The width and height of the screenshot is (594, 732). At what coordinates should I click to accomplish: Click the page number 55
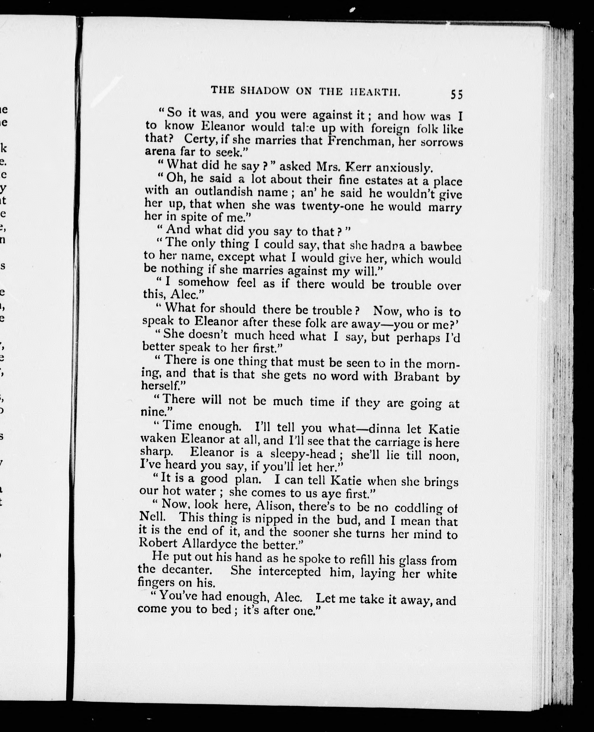[x=456, y=94]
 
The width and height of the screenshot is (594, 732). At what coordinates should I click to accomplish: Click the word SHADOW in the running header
[x=265, y=90]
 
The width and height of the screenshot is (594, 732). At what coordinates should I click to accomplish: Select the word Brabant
[x=416, y=376]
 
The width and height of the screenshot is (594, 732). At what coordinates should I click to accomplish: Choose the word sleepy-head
[x=303, y=454]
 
